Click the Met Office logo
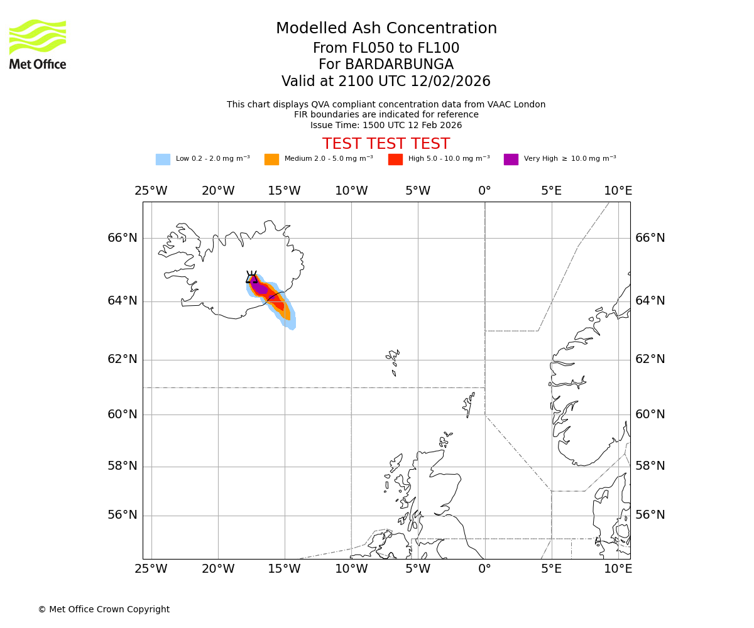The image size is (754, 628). coord(38,44)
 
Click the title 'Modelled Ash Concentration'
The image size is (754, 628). coord(386,29)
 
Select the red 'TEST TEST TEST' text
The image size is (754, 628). coord(386,144)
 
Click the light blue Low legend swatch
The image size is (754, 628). coord(163,160)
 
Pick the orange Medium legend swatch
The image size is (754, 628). coord(271,160)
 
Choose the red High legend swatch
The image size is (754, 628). coord(395,160)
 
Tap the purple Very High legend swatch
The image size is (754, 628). coord(511,160)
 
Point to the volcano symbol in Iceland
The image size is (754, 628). coord(251,278)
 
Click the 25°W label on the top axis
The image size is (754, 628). coord(151,191)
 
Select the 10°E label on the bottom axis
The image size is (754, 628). coord(618,569)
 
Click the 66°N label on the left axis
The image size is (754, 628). coord(122,238)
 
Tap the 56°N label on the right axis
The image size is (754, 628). coord(650,515)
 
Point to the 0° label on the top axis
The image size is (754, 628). coord(484,191)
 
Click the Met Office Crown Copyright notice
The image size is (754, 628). coord(104,610)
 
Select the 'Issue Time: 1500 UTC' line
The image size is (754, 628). coord(386,125)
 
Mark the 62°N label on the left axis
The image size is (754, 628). coord(122,359)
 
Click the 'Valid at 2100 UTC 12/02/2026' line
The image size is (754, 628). coord(386,82)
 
